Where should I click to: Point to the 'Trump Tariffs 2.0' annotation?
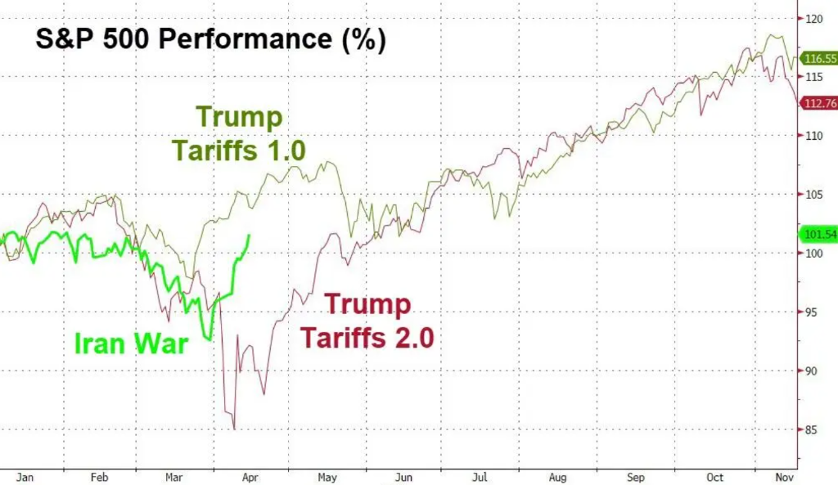pos(367,320)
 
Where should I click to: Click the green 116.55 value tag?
pos(819,59)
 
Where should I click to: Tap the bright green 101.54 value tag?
pos(819,235)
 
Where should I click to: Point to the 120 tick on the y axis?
pos(813,18)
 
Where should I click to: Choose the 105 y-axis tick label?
pos(813,195)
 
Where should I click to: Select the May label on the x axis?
pos(328,476)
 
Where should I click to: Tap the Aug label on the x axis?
pos(557,476)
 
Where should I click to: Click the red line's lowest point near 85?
pos(235,429)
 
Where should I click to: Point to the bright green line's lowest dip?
pos(209,339)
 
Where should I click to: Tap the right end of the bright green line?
pos(249,236)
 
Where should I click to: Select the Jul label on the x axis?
pos(479,476)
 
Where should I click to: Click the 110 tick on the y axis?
pos(813,136)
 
